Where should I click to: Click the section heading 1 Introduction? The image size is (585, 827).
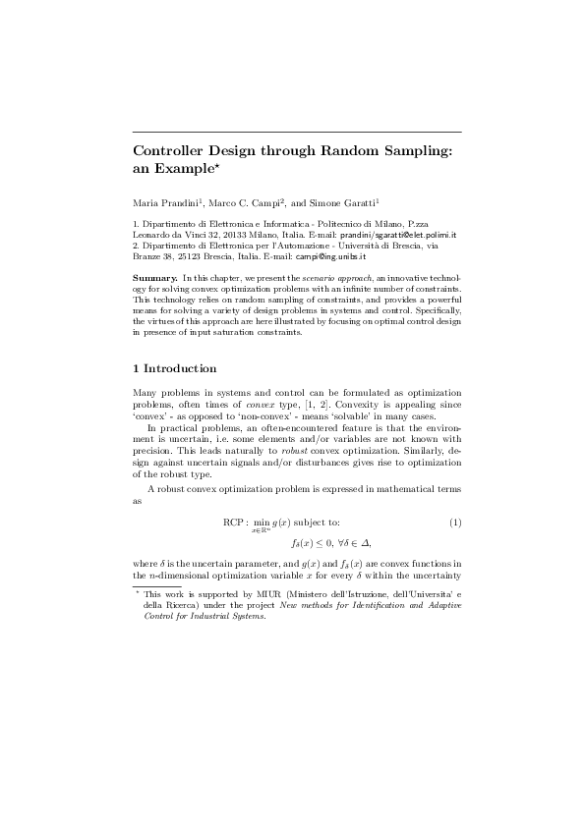[x=174, y=369]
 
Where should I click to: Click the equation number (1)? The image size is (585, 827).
[x=455, y=521]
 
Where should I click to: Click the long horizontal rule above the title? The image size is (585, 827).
[x=296, y=132]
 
